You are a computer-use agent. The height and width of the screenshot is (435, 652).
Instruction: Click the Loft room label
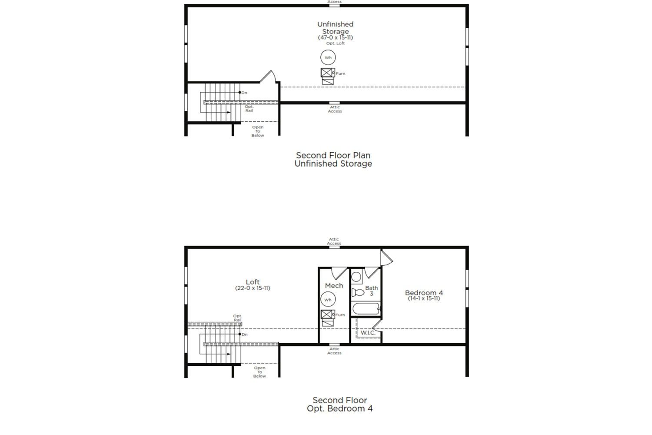click(253, 282)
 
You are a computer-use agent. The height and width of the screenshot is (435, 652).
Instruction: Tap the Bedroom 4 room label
click(424, 292)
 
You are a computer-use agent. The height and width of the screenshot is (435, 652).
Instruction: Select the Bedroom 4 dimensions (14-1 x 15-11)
click(424, 298)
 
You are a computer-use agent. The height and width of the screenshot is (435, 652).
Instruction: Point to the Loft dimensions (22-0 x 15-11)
click(253, 288)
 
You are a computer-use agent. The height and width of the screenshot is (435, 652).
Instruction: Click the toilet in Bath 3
click(358, 292)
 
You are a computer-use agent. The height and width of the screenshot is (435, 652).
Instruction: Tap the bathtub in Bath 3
click(366, 308)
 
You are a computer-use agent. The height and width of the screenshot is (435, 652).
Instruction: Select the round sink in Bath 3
click(356, 277)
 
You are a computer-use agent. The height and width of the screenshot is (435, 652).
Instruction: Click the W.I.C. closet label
click(368, 333)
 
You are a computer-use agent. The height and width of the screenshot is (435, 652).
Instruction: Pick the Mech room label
click(334, 286)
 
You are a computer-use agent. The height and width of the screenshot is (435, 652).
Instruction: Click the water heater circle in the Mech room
click(328, 299)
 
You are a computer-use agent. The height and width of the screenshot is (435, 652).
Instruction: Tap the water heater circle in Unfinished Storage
click(328, 57)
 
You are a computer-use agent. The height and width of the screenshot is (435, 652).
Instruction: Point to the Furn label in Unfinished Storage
click(340, 74)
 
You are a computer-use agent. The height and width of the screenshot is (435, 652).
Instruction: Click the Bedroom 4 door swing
click(387, 258)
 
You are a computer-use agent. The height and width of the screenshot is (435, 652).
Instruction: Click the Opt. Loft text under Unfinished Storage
click(335, 43)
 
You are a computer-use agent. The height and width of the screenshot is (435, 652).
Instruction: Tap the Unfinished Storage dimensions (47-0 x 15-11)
click(335, 37)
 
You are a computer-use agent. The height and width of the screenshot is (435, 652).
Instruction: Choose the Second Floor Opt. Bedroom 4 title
click(339, 405)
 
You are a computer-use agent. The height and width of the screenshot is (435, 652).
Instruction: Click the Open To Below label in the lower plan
click(259, 372)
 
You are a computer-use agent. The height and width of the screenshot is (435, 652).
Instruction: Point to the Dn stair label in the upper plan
click(244, 93)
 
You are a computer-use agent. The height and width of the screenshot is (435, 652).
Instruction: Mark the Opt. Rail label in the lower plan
click(237, 318)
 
